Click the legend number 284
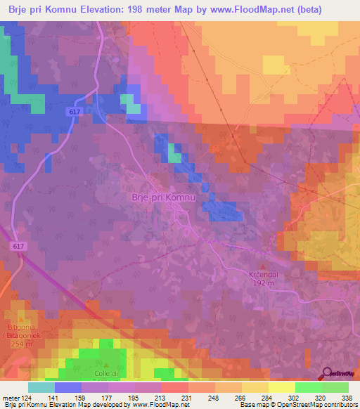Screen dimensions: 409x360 267,397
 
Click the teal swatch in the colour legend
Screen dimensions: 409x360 41,387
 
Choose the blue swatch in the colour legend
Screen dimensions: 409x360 68,387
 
